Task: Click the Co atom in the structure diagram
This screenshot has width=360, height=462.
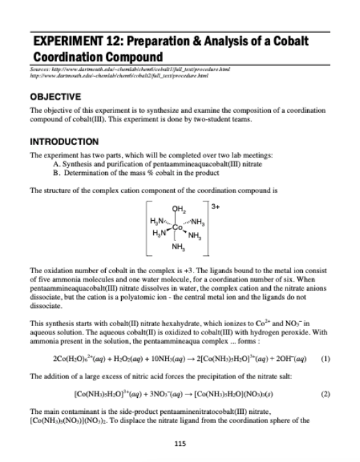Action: [178, 227]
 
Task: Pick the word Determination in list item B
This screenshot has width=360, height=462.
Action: [88, 178]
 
